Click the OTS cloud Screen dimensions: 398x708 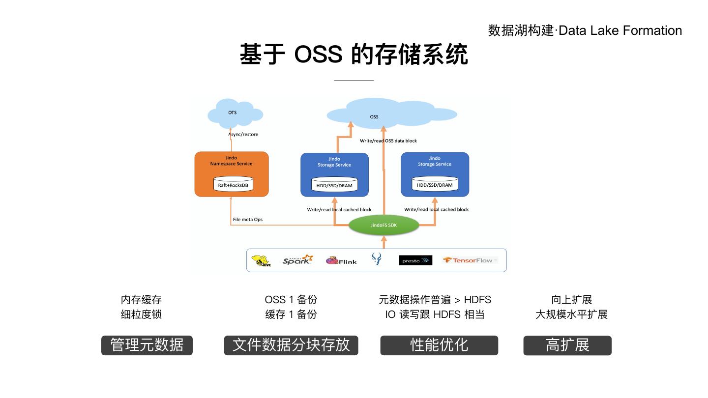tap(233, 114)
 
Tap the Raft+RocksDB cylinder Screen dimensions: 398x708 tap(233, 185)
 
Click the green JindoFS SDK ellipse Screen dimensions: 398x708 tap(383, 225)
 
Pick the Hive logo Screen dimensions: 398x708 tap(261, 260)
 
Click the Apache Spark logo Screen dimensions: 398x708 tap(297, 260)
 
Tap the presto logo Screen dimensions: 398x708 tap(415, 260)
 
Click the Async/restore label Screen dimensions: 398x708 tap(243, 134)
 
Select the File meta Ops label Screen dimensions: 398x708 tap(248, 219)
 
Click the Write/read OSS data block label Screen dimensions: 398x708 tap(388, 141)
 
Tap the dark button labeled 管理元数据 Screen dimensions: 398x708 tap(147, 345)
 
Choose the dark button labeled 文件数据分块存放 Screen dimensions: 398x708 tap(291, 345)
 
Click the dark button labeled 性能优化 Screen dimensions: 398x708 tap(439, 345)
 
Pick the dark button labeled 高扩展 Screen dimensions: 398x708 tap(567, 345)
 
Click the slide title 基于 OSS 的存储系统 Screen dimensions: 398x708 tap(354, 54)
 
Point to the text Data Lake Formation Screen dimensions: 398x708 tap(620, 30)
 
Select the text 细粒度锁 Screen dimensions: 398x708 tap(141, 314)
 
